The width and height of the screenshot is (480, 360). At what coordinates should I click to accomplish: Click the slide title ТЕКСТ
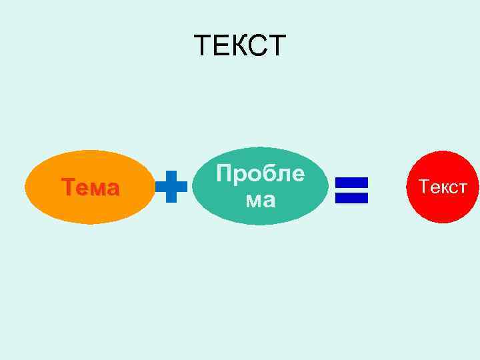pyautogui.click(x=240, y=46)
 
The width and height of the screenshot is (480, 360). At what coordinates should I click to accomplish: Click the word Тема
pyautogui.click(x=91, y=188)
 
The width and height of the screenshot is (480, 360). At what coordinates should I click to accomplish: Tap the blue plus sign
pyautogui.click(x=171, y=186)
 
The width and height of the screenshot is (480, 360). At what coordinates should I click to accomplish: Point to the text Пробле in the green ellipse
pyautogui.click(x=260, y=174)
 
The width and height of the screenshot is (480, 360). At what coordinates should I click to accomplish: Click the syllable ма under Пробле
pyautogui.click(x=260, y=199)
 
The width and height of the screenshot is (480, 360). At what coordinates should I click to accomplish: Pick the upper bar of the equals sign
pyautogui.click(x=352, y=181)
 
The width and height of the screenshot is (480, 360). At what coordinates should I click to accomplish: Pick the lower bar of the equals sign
pyautogui.click(x=352, y=197)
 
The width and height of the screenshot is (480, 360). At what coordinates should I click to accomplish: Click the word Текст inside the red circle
pyautogui.click(x=443, y=187)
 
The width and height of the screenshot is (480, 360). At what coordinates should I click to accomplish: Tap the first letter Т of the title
pyautogui.click(x=203, y=46)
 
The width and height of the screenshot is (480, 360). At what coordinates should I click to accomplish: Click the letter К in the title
pyautogui.click(x=239, y=46)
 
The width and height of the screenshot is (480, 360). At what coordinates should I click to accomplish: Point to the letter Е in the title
pyautogui.click(x=221, y=46)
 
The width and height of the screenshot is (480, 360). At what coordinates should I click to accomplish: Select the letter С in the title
pyautogui.click(x=259, y=46)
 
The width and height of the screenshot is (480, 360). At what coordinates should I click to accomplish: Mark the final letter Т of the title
pyautogui.click(x=277, y=46)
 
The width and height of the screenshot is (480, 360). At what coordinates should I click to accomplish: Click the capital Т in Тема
pyautogui.click(x=68, y=188)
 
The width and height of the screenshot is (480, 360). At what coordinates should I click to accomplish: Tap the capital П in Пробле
pyautogui.click(x=224, y=174)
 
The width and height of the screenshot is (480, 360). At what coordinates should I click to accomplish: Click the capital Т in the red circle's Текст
pyautogui.click(x=425, y=187)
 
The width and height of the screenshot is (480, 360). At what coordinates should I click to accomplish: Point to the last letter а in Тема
pyautogui.click(x=113, y=189)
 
